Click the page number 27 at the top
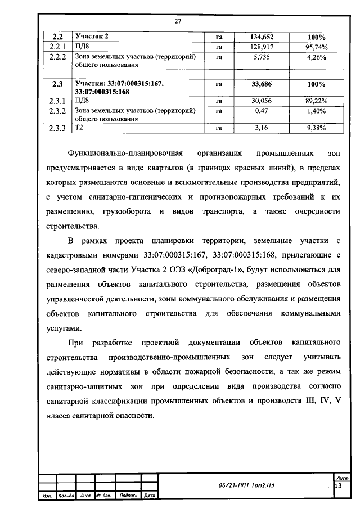(x=178, y=21)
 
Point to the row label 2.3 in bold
(x=57, y=84)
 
